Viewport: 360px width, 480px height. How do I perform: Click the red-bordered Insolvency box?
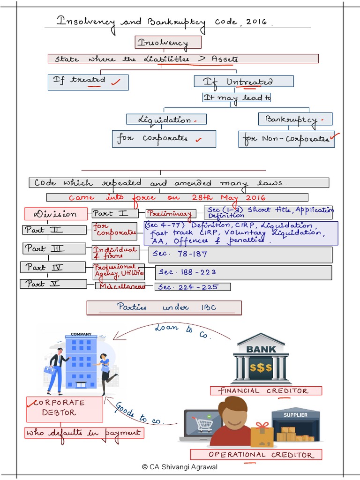pos(168,43)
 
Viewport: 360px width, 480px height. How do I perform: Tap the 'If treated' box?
pos(88,82)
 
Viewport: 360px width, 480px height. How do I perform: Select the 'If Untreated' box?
pos(244,82)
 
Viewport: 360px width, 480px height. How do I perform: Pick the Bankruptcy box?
pos(295,119)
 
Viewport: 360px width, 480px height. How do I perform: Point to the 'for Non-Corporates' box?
pos(286,139)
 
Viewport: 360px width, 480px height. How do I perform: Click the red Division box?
pos(56,214)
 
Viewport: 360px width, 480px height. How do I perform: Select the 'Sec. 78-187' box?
pos(240,255)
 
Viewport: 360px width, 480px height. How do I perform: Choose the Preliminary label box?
pos(169,214)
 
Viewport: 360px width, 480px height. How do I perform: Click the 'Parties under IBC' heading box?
pos(164,307)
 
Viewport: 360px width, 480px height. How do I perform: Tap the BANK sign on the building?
pos(261,349)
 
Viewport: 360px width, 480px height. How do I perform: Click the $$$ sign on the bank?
pos(261,367)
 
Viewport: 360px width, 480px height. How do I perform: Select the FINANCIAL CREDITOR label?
pos(266,390)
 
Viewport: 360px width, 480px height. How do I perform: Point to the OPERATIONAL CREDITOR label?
pos(256,454)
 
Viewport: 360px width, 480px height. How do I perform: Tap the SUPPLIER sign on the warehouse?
pos(296,415)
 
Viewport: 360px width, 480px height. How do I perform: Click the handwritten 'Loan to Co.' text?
pos(183,331)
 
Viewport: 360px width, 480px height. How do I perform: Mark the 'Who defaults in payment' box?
pos(84,433)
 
